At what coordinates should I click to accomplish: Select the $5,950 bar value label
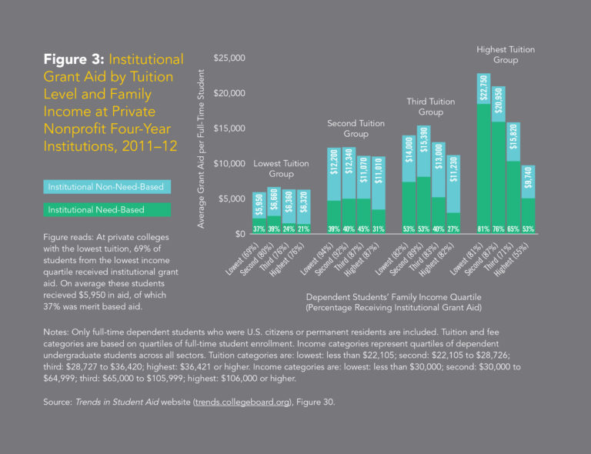point(259,207)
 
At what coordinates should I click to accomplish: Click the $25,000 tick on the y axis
point(229,58)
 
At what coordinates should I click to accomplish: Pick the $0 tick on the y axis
point(239,233)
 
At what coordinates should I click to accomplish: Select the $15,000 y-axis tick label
point(229,129)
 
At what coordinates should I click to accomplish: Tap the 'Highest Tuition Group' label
point(505,55)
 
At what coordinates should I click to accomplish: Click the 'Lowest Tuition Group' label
point(281,169)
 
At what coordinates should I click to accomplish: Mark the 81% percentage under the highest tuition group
point(483,229)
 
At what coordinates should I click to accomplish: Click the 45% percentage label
point(363,229)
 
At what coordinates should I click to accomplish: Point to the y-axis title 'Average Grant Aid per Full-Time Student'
point(201,147)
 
